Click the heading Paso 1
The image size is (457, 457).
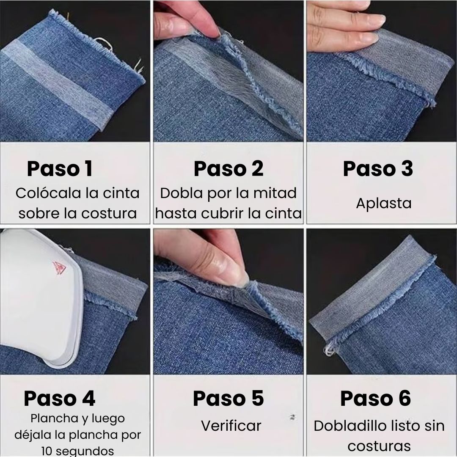click(60, 169)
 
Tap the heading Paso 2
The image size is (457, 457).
click(228, 169)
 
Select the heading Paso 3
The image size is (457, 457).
click(378, 169)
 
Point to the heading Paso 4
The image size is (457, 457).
click(60, 399)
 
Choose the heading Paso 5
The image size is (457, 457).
click(228, 399)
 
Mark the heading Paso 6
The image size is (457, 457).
click(376, 399)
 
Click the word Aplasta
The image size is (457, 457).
click(383, 204)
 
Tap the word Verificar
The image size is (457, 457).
click(231, 426)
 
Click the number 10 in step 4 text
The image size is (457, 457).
click(47, 451)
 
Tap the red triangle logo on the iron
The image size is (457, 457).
click(59, 268)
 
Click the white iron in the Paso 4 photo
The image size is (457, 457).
click(41, 297)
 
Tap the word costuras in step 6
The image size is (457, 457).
click(379, 446)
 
